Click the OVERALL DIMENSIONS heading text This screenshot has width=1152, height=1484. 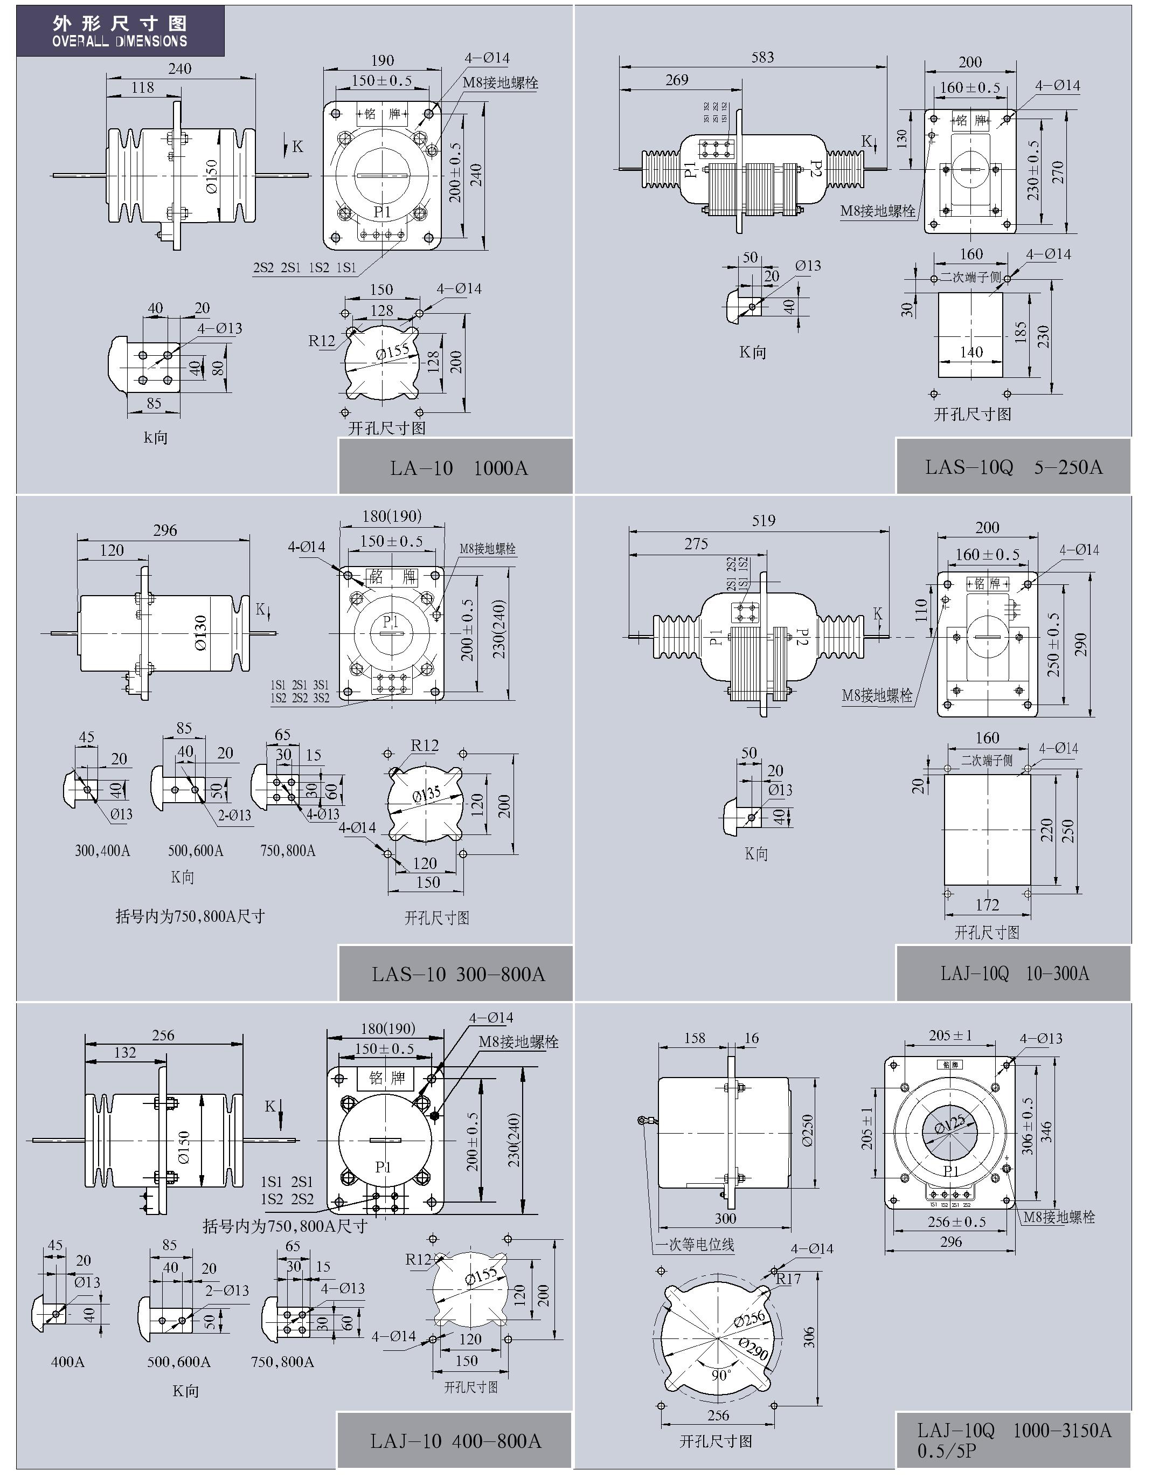point(120,41)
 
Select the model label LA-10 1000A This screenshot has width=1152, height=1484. point(459,468)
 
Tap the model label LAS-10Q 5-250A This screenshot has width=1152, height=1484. point(1014,467)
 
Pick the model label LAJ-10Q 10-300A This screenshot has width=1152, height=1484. point(1014,974)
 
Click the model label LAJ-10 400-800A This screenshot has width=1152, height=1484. point(456,1440)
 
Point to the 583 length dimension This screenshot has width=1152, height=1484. point(762,58)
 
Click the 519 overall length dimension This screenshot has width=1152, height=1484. point(764,521)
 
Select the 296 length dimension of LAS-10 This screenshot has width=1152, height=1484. point(165,530)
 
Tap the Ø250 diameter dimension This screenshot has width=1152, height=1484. point(808,1130)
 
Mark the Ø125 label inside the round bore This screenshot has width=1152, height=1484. point(949,1124)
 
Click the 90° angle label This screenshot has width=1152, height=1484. point(721,1375)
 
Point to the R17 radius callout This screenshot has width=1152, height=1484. point(789,1279)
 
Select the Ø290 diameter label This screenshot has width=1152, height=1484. point(754,1348)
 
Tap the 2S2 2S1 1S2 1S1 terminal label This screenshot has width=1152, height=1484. point(304,268)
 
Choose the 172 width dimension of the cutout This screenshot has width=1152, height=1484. point(987,905)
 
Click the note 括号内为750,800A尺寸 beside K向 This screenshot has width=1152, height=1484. point(190,916)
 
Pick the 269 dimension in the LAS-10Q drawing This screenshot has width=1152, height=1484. point(677,80)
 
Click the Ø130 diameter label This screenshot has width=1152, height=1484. point(201,633)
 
